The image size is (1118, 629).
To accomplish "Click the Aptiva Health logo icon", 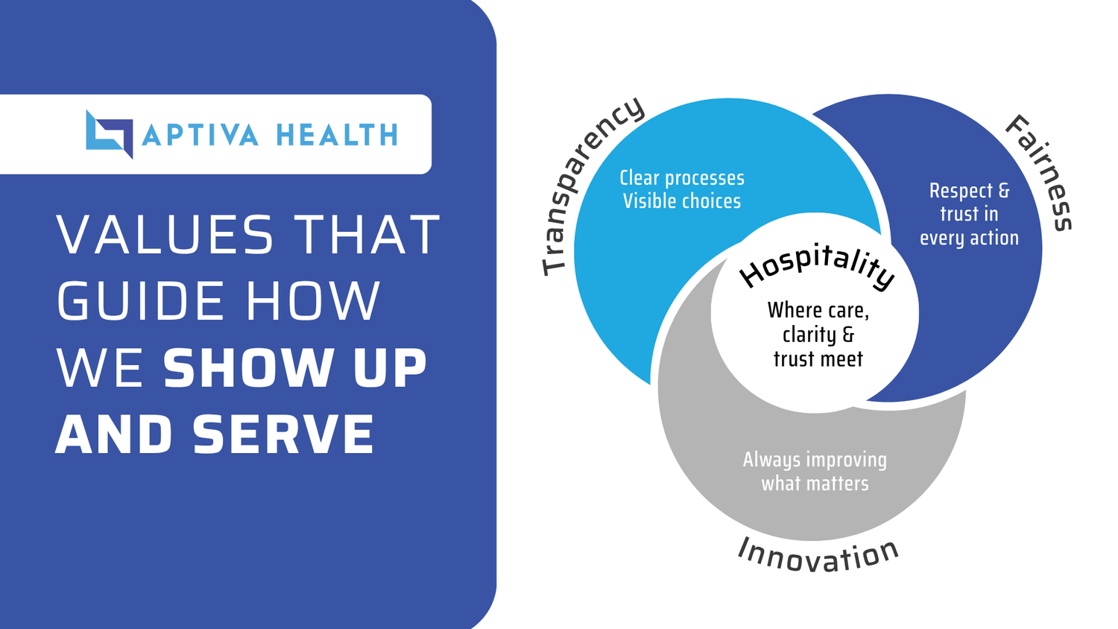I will tap(109, 134).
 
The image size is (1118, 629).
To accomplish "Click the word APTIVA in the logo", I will tap(200, 136).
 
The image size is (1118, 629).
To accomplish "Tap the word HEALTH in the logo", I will tap(337, 136).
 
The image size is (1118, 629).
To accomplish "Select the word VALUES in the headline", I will tap(165, 236).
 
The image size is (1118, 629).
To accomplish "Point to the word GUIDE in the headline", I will tap(141, 302).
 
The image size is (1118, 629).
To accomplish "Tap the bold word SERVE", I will tap(283, 435).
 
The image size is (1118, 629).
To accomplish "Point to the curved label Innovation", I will tap(818, 555).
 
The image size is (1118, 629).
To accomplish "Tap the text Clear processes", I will tap(682, 178).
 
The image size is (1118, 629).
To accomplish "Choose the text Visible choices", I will tap(682, 201).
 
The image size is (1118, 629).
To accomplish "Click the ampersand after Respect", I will tap(1003, 191).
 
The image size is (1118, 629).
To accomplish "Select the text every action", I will tap(969, 238).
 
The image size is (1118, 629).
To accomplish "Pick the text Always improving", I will tap(815, 460).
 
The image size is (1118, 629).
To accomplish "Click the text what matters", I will tap(815, 484).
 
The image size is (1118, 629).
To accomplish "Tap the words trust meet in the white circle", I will tap(818, 359).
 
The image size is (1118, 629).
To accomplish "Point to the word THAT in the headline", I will tap(369, 236).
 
